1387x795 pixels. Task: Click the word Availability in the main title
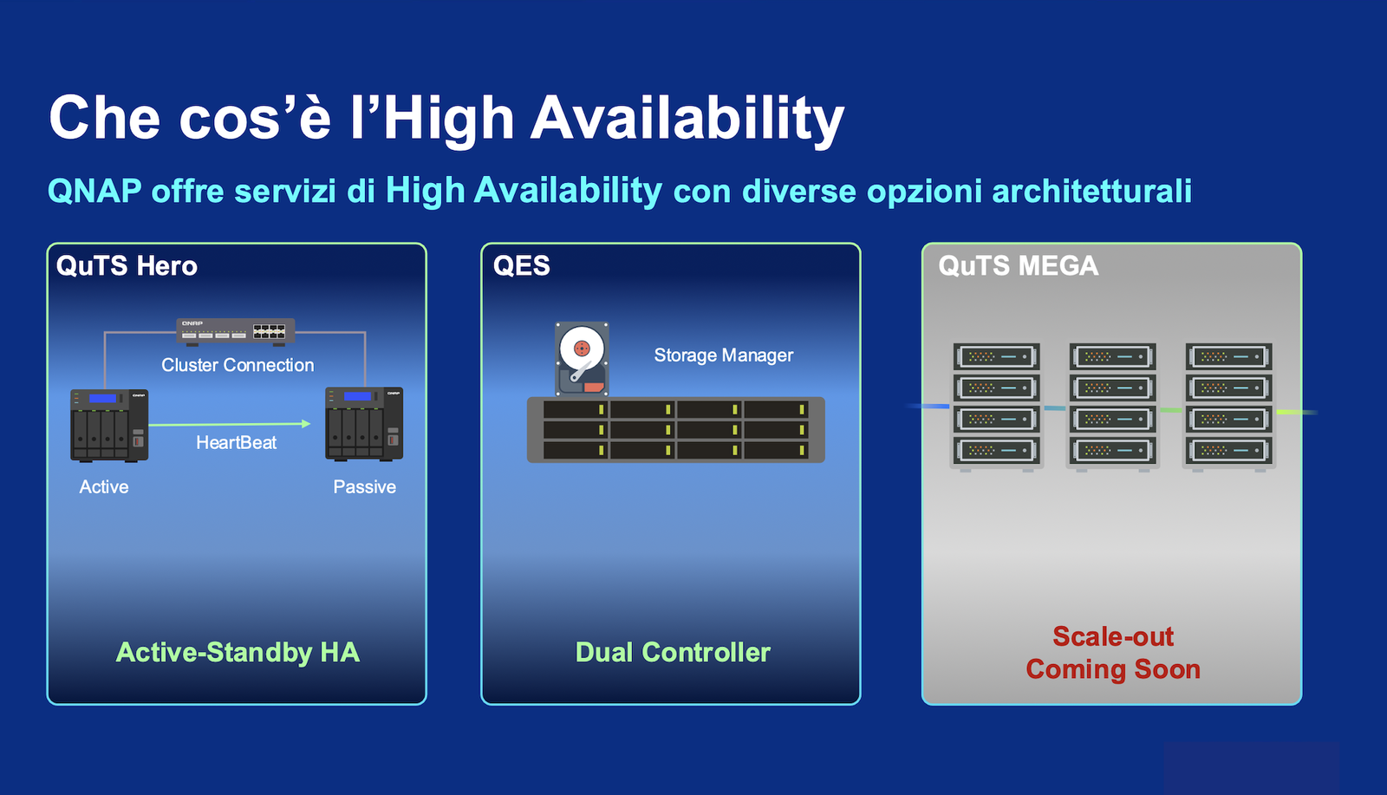tap(687, 120)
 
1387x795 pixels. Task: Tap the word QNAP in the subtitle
tap(94, 191)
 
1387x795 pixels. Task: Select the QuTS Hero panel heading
tap(127, 265)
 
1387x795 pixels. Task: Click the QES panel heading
tap(521, 265)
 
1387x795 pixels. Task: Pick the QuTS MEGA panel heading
tap(1018, 265)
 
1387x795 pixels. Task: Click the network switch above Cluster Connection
tap(235, 331)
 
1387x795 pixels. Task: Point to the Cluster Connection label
tap(238, 365)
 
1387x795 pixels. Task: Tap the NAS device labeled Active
tap(109, 426)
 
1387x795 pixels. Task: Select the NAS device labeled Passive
tap(364, 424)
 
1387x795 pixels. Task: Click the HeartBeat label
tap(236, 443)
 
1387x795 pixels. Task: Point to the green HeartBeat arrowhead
tap(306, 423)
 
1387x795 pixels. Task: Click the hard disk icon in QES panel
tap(582, 359)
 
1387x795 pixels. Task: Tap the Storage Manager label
tap(724, 355)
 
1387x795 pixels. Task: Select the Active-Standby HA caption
tap(238, 653)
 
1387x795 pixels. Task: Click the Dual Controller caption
tap(673, 652)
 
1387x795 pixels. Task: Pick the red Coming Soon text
tap(1113, 669)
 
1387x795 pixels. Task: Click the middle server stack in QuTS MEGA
tap(1113, 407)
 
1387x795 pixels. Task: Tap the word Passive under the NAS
tap(365, 486)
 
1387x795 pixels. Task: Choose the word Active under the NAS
tap(104, 486)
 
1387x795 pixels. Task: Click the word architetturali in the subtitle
tap(1091, 191)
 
